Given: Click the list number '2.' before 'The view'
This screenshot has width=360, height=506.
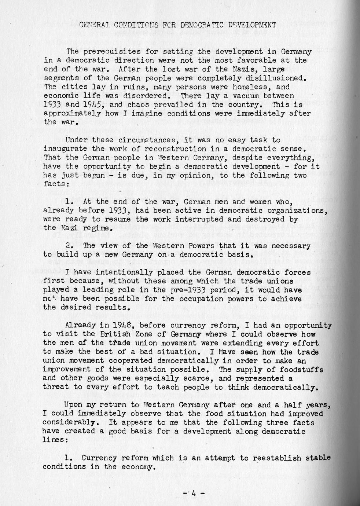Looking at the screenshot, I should click(x=69, y=246).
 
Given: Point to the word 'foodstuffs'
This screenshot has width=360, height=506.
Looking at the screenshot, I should click(x=305, y=370).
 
